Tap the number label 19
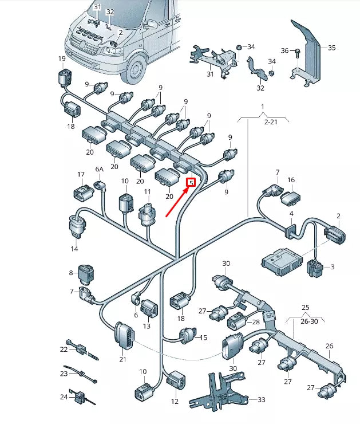[62, 59]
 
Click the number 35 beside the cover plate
[331, 48]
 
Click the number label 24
[64, 396]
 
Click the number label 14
[74, 249]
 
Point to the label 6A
[100, 170]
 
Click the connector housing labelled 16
[291, 199]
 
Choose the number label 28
[255, 323]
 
